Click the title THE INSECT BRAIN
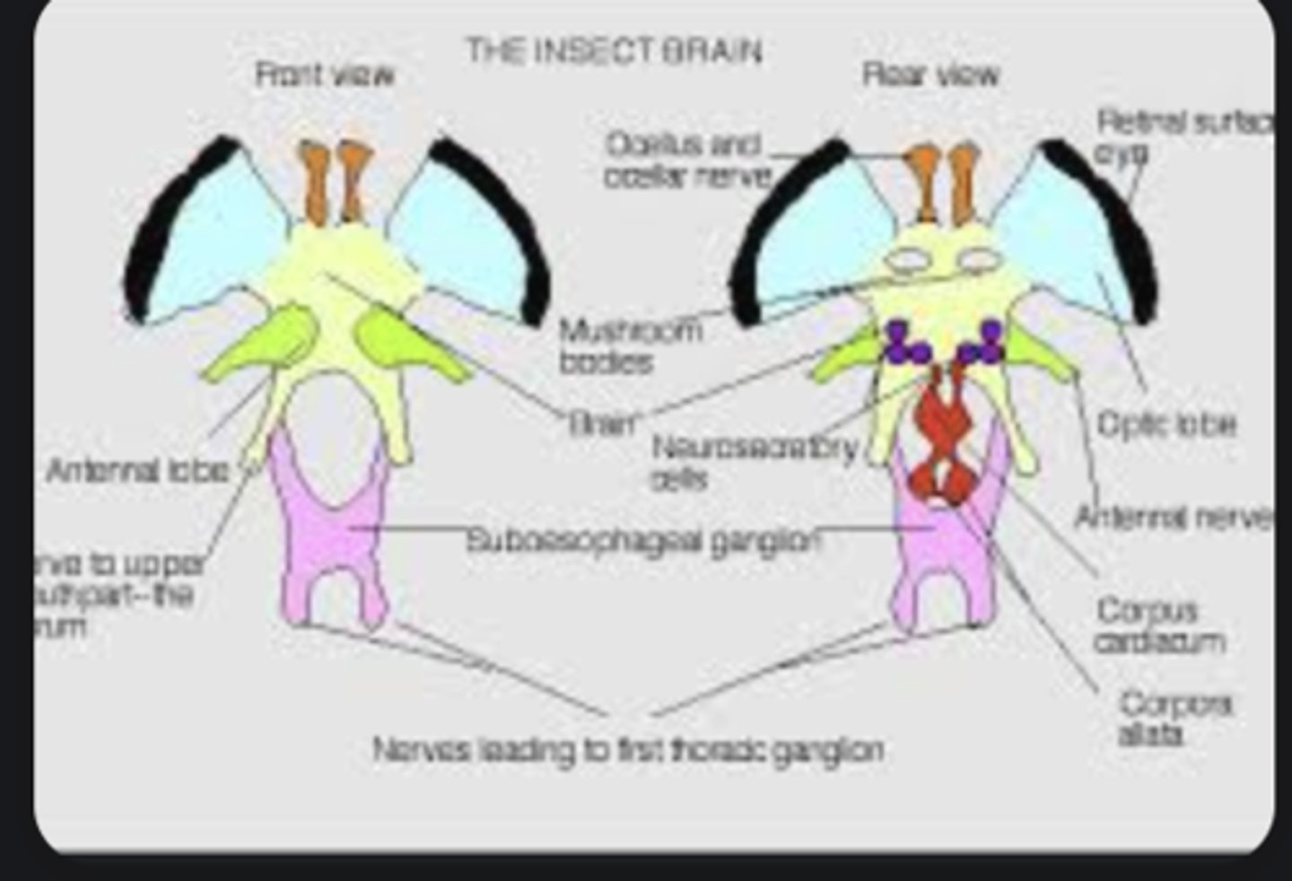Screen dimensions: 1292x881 pos(615,51)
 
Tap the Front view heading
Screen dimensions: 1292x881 pos(325,74)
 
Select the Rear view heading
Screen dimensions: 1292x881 pos(930,74)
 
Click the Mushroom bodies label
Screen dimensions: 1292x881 pos(630,346)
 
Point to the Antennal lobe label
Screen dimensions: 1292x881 pos(137,470)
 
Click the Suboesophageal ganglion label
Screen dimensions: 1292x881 pos(642,541)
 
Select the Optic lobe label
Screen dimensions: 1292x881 pos(1166,423)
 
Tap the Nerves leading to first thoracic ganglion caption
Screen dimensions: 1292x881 pos(628,748)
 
